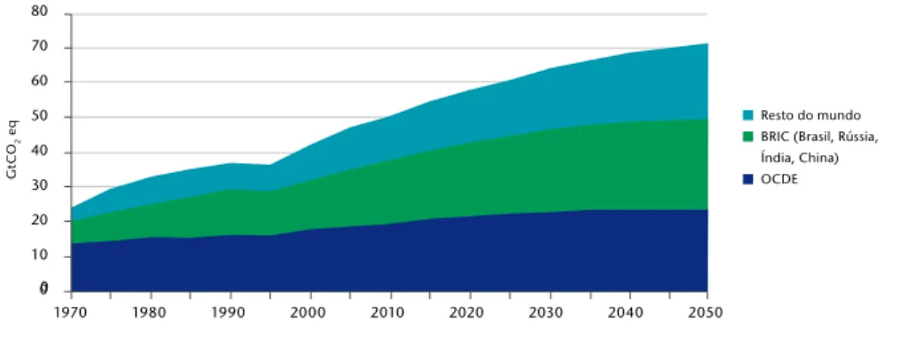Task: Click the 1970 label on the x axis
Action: pos(71,313)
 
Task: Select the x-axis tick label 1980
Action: pos(151,313)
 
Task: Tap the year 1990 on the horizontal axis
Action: pos(231,313)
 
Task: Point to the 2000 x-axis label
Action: pos(310,313)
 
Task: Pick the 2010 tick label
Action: pos(389,313)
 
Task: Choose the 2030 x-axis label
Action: pos(548,313)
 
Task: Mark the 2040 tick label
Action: pos(628,313)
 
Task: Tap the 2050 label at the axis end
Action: pos(707,313)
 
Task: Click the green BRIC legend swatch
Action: pos(747,137)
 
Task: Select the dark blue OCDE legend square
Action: pos(747,179)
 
